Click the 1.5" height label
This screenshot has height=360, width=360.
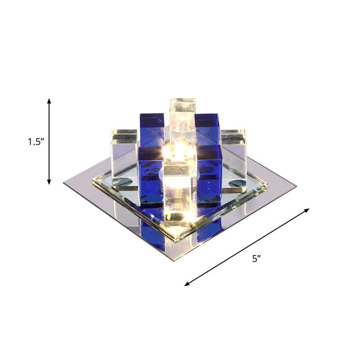click(35, 142)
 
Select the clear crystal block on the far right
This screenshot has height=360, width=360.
click(234, 148)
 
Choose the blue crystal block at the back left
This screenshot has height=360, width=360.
click(151, 130)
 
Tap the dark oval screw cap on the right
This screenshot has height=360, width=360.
click(237, 184)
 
